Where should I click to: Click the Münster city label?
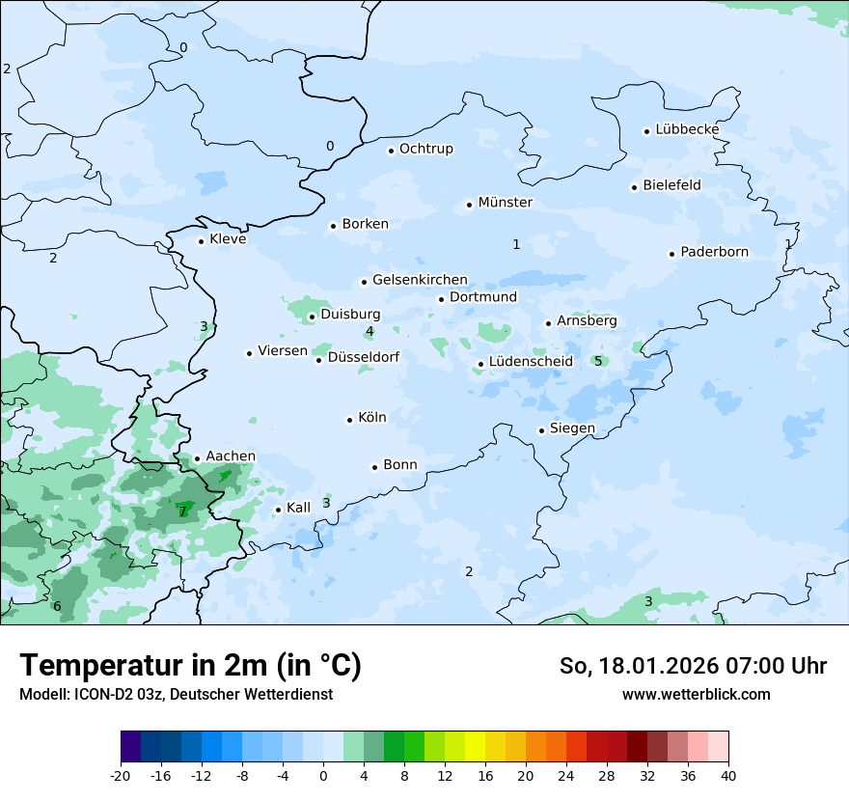pyautogui.click(x=505, y=203)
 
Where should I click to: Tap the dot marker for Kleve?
pyautogui.click(x=201, y=241)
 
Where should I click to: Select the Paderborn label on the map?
pyautogui.click(x=714, y=252)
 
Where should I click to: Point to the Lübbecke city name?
pyautogui.click(x=687, y=129)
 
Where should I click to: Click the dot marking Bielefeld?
pyautogui.click(x=635, y=187)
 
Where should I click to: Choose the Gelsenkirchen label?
pyautogui.click(x=420, y=280)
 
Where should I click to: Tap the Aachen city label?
pyautogui.click(x=231, y=456)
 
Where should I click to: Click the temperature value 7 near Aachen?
pyautogui.click(x=182, y=511)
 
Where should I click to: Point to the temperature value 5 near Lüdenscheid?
pyautogui.click(x=598, y=361)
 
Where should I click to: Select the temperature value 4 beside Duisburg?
pyautogui.click(x=370, y=332)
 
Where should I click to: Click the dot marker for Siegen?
pyautogui.click(x=542, y=430)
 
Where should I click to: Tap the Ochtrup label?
pyautogui.click(x=425, y=149)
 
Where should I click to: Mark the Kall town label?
pyautogui.click(x=298, y=508)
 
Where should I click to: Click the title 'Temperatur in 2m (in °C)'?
pyautogui.click(x=190, y=666)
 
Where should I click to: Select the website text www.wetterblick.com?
pyautogui.click(x=696, y=694)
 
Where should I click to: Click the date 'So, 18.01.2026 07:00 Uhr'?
pyautogui.click(x=693, y=666)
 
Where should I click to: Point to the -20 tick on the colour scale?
pyautogui.click(x=121, y=775)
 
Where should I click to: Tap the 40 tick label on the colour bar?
pyautogui.click(x=728, y=775)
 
